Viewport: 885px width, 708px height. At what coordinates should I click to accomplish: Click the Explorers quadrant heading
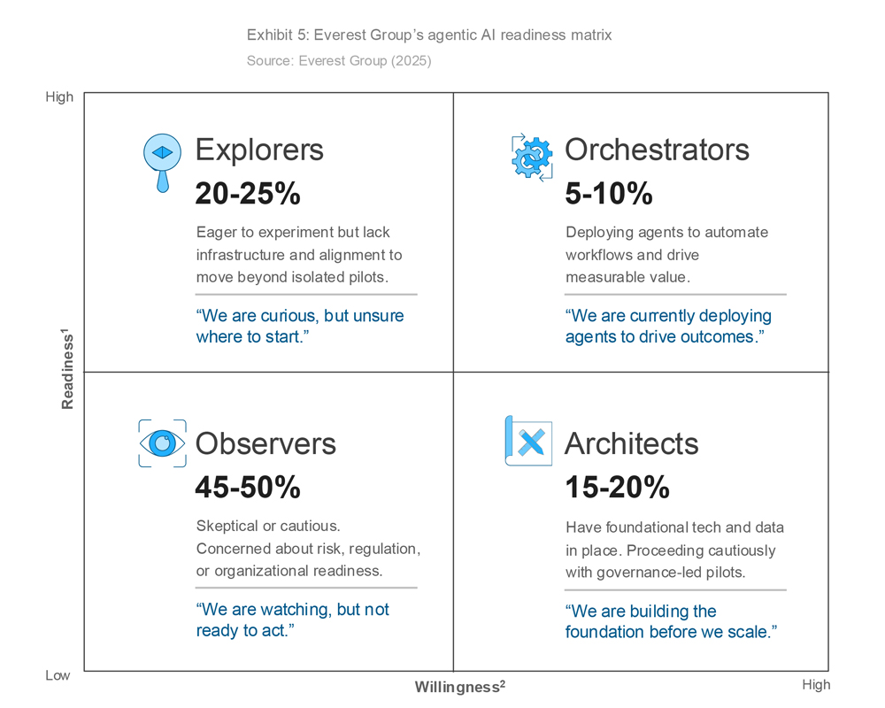pos(259,150)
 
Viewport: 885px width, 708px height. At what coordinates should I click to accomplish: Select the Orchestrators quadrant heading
pos(657,150)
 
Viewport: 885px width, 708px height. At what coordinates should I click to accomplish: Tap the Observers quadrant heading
pos(265,443)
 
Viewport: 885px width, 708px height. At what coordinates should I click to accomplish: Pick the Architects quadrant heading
pos(632,443)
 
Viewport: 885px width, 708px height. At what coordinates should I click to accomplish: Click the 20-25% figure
pos(248,194)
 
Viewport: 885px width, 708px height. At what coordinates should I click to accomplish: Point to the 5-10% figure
pos(609,194)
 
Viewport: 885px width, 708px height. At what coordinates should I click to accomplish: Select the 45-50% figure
pos(248,488)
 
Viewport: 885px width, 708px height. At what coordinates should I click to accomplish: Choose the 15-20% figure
pos(618,488)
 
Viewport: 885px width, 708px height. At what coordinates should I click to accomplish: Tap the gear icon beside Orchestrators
pos(532,158)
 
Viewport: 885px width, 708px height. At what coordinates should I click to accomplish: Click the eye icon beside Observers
pos(163,443)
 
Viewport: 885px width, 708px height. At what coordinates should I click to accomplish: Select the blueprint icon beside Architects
pos(528,441)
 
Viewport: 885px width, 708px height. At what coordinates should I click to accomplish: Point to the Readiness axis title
pos(67,369)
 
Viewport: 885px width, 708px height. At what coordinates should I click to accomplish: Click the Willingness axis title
pos(460,687)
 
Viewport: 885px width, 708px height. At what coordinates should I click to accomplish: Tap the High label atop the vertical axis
pos(59,97)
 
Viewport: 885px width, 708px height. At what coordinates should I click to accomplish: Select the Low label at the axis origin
pos(58,675)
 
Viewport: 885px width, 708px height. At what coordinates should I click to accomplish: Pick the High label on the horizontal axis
pos(816,685)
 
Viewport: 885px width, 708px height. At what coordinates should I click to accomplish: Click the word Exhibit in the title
pos(270,35)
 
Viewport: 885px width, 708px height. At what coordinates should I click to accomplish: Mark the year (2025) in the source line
pos(411,60)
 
